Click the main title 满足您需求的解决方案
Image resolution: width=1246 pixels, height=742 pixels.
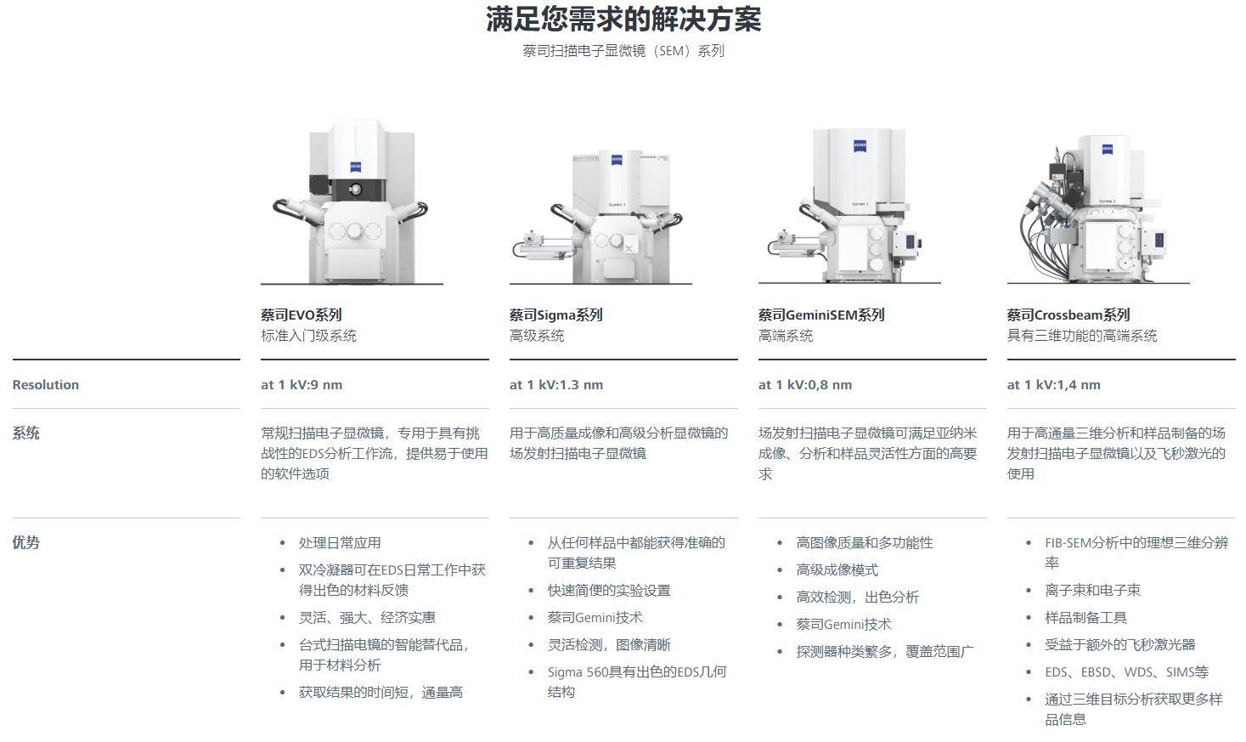point(623,20)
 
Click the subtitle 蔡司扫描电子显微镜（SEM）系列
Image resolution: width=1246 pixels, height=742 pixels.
point(623,51)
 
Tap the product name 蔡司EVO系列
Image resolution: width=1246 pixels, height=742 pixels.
point(301,315)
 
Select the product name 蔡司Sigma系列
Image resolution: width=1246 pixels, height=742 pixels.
point(555,315)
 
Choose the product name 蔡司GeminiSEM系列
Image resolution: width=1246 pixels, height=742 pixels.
point(821,315)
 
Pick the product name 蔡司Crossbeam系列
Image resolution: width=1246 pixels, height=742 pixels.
point(1068,315)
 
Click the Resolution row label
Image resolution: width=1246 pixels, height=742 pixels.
point(46,385)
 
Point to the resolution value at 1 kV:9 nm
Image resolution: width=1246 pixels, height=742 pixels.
point(302,385)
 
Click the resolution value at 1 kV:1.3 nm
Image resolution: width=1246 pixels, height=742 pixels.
point(556,385)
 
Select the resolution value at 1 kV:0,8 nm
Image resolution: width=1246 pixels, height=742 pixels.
point(805,385)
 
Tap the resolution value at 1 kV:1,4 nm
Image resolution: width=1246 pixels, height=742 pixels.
point(1053,385)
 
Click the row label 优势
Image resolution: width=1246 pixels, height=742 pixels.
point(25,542)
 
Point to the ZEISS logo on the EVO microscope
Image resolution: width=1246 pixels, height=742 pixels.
point(355,167)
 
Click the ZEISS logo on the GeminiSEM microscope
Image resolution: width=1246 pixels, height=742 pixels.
point(860,146)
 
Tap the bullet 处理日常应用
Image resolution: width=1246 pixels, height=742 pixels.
point(340,543)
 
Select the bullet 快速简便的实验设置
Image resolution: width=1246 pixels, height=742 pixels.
point(609,590)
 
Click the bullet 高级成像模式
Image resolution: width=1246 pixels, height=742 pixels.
point(837,570)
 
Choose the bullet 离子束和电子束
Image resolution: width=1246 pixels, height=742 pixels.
point(1092,590)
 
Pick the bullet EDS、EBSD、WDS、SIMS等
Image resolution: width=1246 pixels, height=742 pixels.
point(1127,671)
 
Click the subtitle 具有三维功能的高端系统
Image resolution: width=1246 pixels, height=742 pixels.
point(1082,336)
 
